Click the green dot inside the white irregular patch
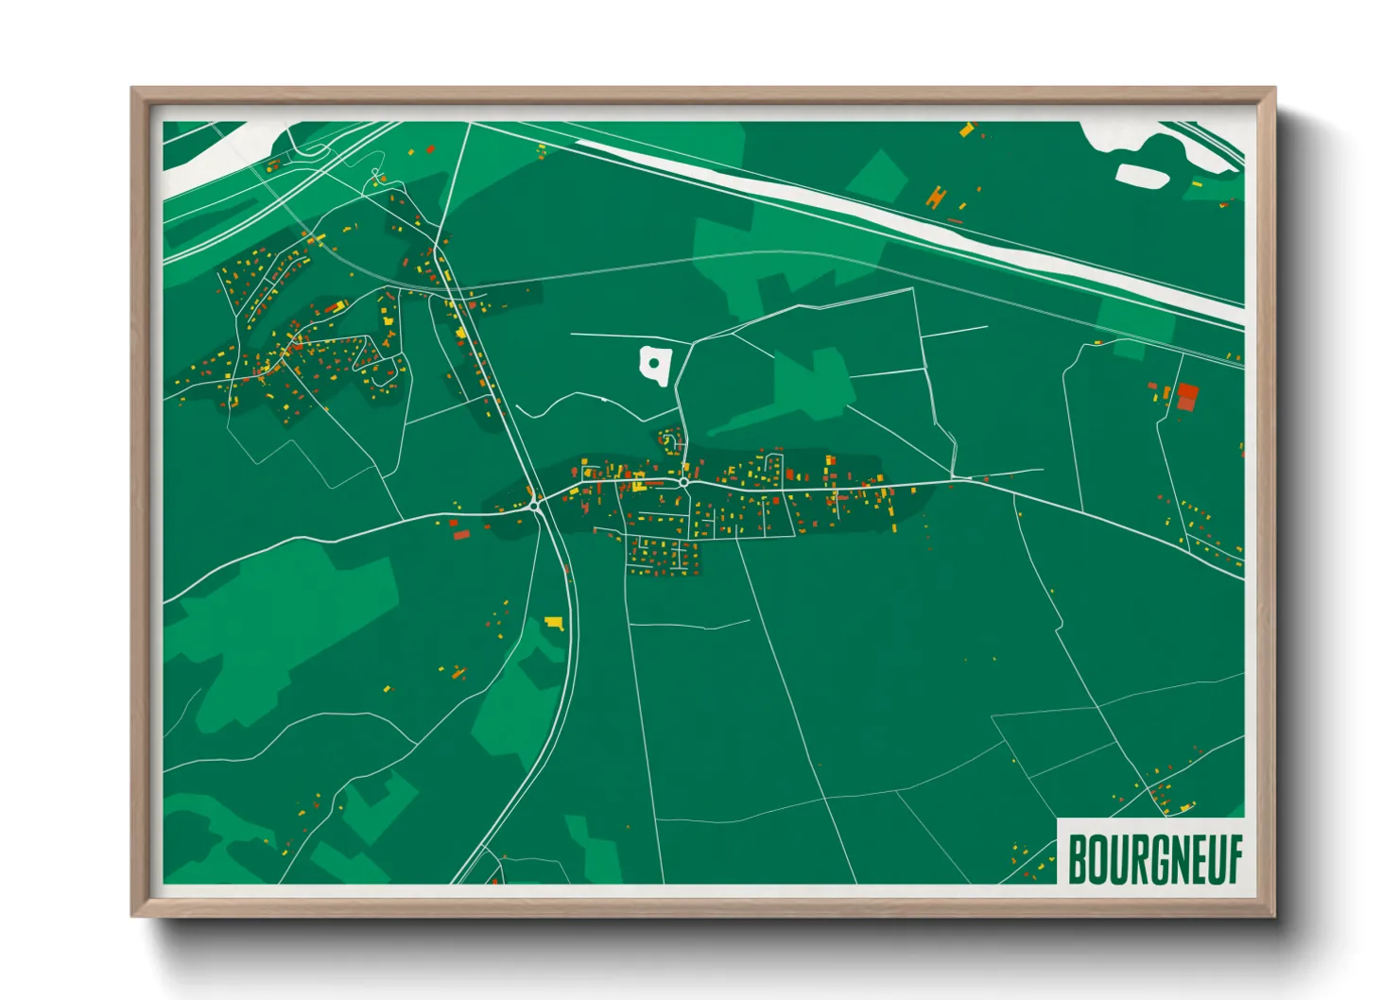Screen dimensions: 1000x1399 tap(653, 363)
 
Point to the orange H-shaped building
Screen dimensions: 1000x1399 tap(936, 197)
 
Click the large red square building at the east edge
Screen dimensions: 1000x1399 tap(1187, 394)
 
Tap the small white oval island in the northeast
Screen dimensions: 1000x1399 tap(1143, 176)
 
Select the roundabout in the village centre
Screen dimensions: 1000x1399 tap(683, 482)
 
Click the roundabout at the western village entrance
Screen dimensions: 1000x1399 tap(535, 507)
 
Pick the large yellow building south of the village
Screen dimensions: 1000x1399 tap(554, 623)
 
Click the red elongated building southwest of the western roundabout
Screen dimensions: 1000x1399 tap(461, 535)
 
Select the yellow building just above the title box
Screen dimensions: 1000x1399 tap(1185, 806)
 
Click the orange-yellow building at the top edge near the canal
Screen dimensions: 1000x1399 tap(966, 129)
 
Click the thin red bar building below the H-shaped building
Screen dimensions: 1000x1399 tap(955, 221)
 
